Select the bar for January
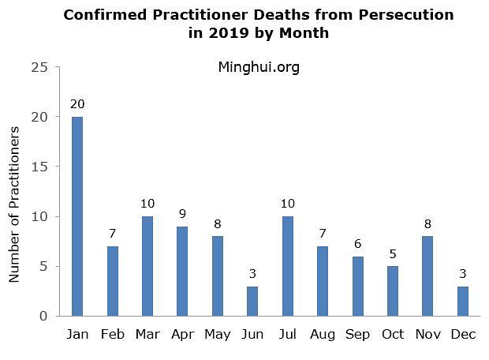pyautogui.click(x=77, y=216)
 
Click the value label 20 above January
pyautogui.click(x=77, y=104)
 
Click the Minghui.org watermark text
pyautogui.click(x=258, y=67)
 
